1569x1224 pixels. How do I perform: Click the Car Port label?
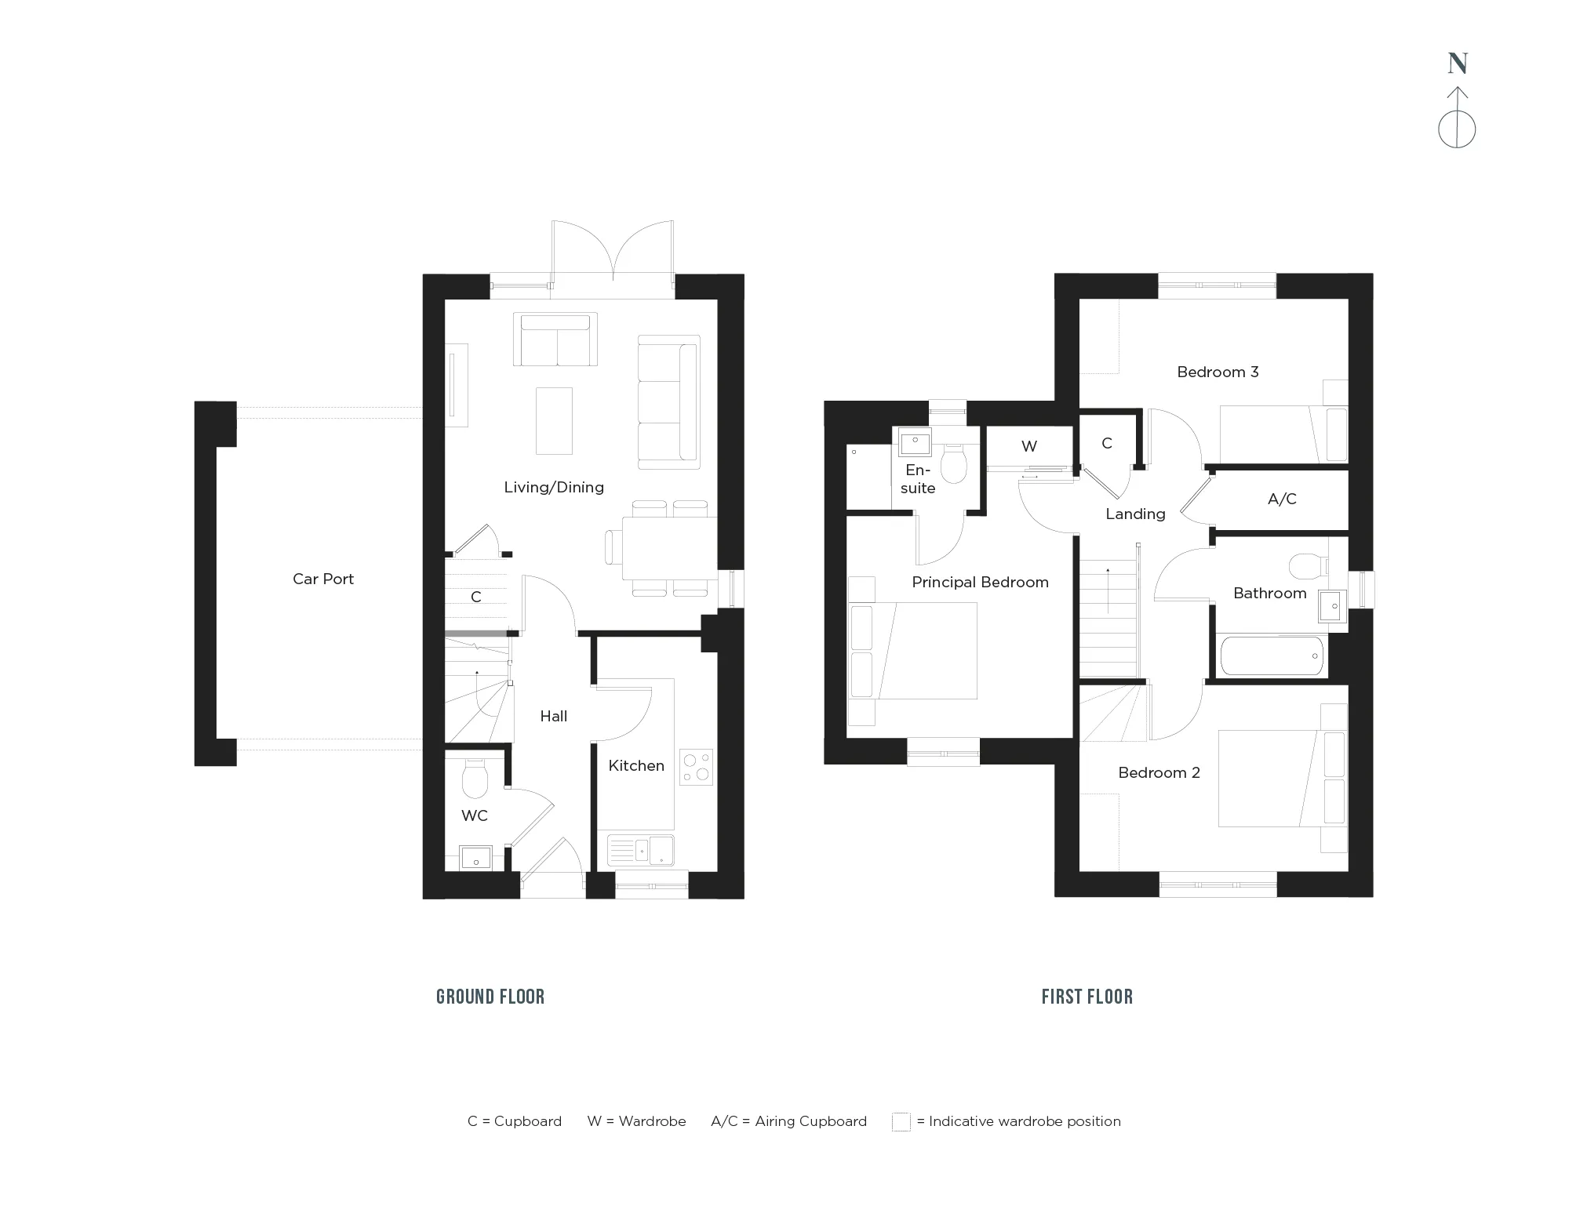tap(323, 579)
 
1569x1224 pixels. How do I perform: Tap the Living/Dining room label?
tap(554, 488)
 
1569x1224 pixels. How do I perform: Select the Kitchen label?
tap(636, 766)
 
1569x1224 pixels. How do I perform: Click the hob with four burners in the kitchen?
tap(697, 768)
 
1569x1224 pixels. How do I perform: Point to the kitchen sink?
tap(641, 850)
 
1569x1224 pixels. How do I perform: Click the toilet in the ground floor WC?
tap(475, 778)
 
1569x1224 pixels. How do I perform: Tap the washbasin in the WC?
tap(475, 858)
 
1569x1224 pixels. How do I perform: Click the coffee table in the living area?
tap(554, 420)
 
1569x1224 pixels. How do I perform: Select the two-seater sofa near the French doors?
tap(555, 340)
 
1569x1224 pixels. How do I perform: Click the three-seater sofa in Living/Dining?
tap(668, 403)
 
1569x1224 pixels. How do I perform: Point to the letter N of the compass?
tap(1458, 64)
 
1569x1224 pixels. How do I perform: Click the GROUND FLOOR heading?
tap(490, 997)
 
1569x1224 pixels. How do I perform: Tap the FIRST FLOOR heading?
tap(1087, 997)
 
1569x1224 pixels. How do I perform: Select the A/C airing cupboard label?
tap(1282, 499)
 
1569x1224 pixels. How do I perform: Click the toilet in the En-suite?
tap(954, 464)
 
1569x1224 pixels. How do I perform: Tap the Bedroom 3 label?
tap(1218, 372)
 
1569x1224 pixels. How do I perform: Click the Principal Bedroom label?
tap(980, 583)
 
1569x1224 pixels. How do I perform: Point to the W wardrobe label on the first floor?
tap(1029, 447)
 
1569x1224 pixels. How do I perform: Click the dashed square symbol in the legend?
tap(901, 1122)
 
